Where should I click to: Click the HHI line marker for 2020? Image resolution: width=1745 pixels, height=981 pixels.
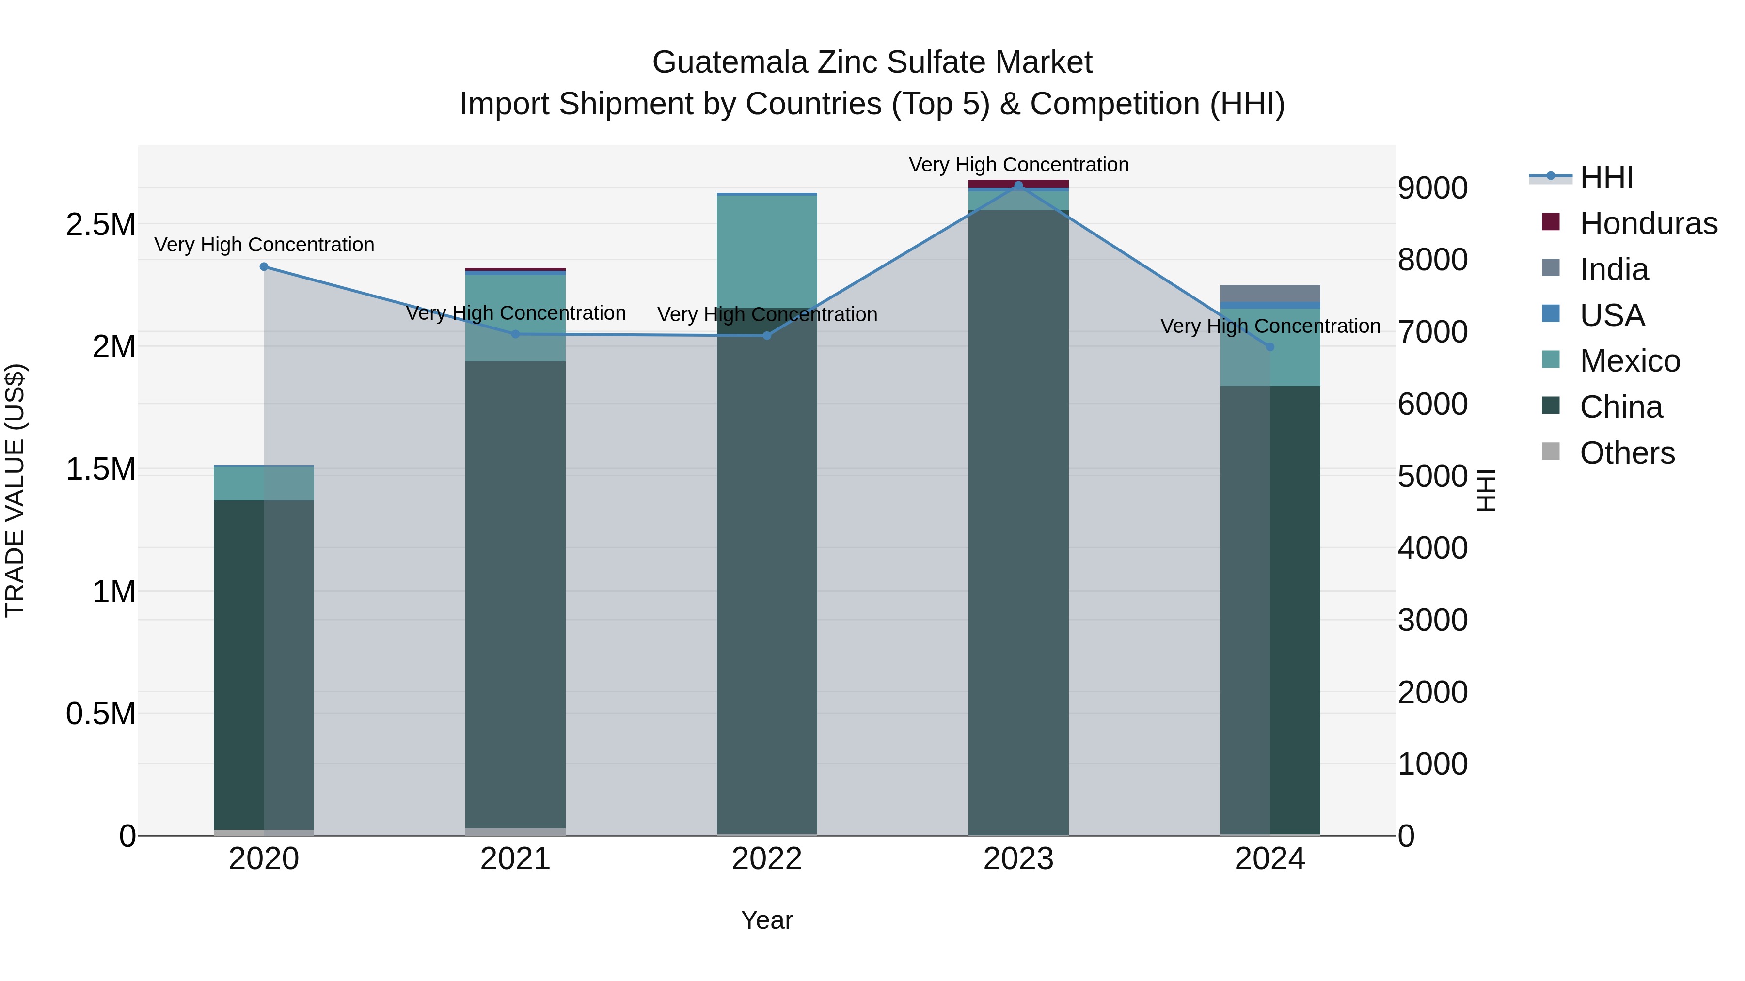(264, 267)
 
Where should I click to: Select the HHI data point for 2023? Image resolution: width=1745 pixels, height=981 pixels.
(1018, 186)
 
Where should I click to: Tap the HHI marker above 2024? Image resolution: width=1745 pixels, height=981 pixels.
(1270, 347)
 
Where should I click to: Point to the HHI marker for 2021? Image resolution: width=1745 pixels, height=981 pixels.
(516, 334)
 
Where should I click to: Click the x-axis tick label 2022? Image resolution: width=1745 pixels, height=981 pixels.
(767, 859)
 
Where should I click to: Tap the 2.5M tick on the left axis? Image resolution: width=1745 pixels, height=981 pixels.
(101, 224)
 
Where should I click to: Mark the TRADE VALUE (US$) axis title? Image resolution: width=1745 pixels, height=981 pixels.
(15, 490)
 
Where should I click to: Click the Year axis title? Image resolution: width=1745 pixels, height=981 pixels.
(767, 920)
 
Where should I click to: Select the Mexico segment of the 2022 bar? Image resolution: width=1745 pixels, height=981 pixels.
(767, 251)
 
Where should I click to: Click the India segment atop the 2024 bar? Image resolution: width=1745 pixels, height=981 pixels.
(1270, 293)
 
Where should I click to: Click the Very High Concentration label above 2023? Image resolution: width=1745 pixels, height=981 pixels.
(1018, 165)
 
